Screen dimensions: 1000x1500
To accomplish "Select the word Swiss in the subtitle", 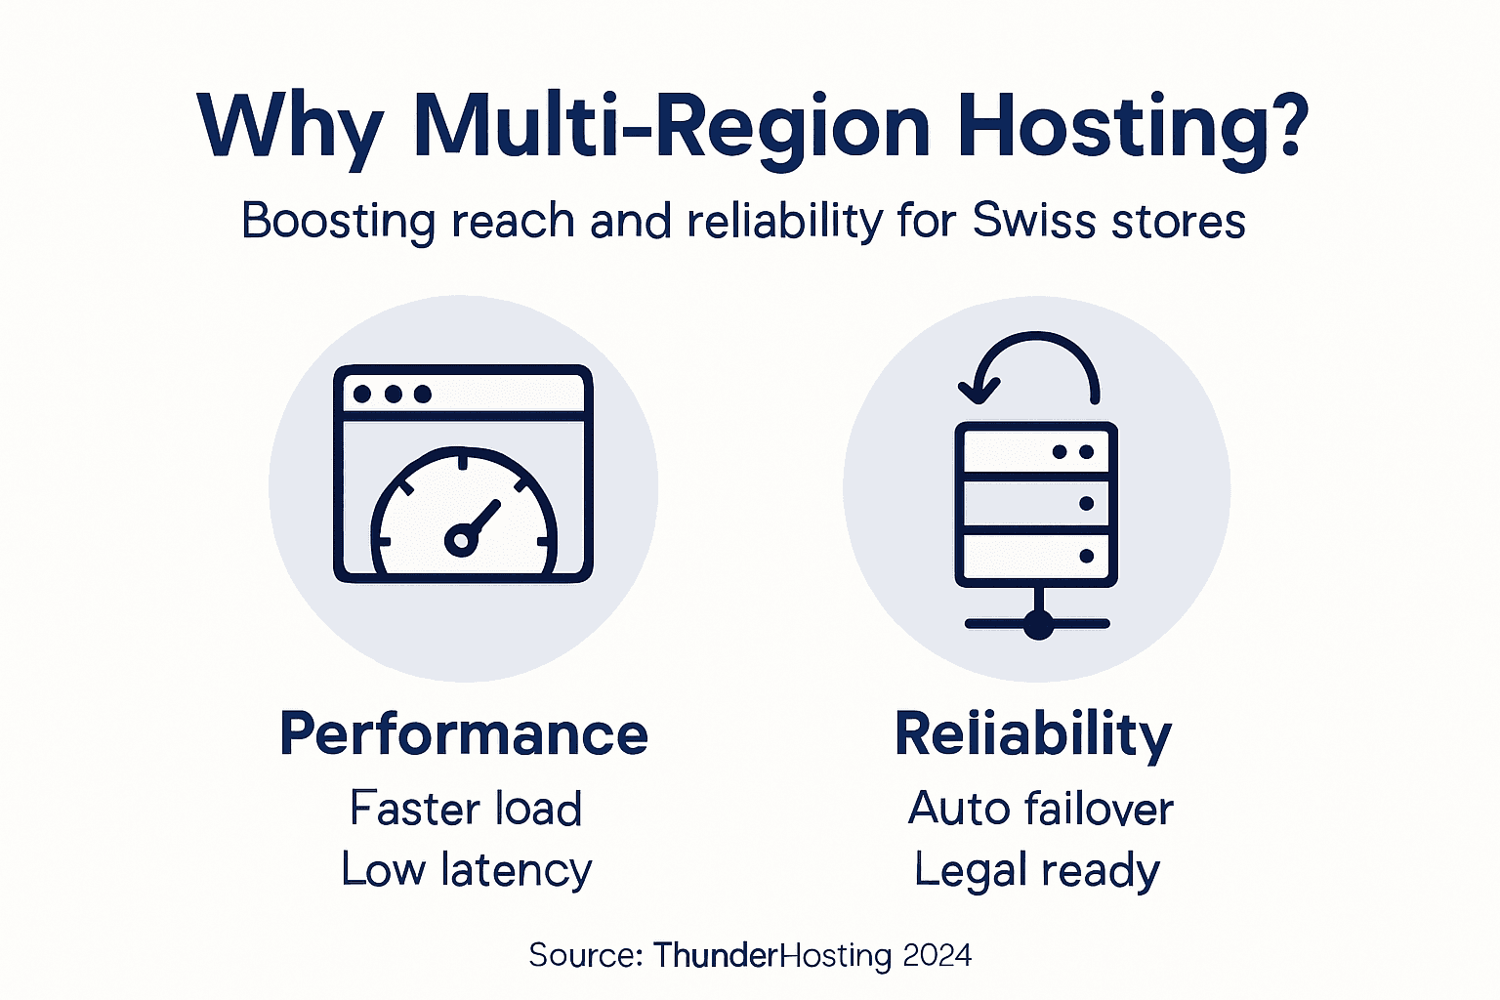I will click(x=1034, y=221).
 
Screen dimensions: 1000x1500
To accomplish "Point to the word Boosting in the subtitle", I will click(x=338, y=222).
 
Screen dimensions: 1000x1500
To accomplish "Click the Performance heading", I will click(x=464, y=734).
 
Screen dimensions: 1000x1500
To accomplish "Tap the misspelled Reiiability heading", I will click(x=1033, y=734).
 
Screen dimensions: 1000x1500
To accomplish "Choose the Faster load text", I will click(x=466, y=809).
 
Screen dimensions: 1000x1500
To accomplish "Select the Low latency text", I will click(x=466, y=870).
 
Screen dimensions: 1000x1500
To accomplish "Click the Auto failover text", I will click(x=1040, y=809).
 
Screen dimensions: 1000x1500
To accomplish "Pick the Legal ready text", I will click(x=1037, y=870).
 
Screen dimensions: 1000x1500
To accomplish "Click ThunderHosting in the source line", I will click(x=772, y=954).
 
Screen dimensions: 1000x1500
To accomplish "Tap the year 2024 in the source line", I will click(x=937, y=954).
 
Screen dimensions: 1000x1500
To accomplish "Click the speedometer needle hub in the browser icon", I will click(x=460, y=539).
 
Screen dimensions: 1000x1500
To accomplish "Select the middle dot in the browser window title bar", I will click(x=393, y=394).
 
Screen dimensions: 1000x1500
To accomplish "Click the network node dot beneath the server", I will click(x=1037, y=623).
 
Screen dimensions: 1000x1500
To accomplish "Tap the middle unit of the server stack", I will click(x=1036, y=504).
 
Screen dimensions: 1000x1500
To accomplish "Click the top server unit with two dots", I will click(x=1036, y=452).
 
